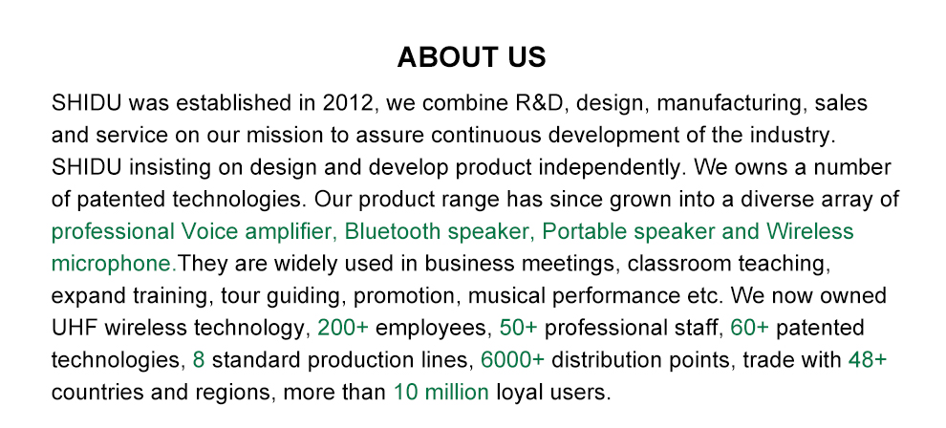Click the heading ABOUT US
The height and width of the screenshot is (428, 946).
(471, 57)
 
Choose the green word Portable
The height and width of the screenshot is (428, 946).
(583, 231)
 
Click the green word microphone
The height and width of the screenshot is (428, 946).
(112, 265)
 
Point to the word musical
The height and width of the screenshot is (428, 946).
(505, 296)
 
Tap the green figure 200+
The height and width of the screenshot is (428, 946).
(343, 328)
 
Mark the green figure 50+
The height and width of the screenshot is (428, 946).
(518, 328)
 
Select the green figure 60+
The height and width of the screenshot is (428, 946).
(749, 328)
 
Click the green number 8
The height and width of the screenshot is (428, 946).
(199, 360)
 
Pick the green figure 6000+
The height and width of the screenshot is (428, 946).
(512, 360)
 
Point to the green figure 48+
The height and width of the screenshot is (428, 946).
(868, 360)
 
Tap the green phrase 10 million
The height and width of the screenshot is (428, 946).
(441, 393)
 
